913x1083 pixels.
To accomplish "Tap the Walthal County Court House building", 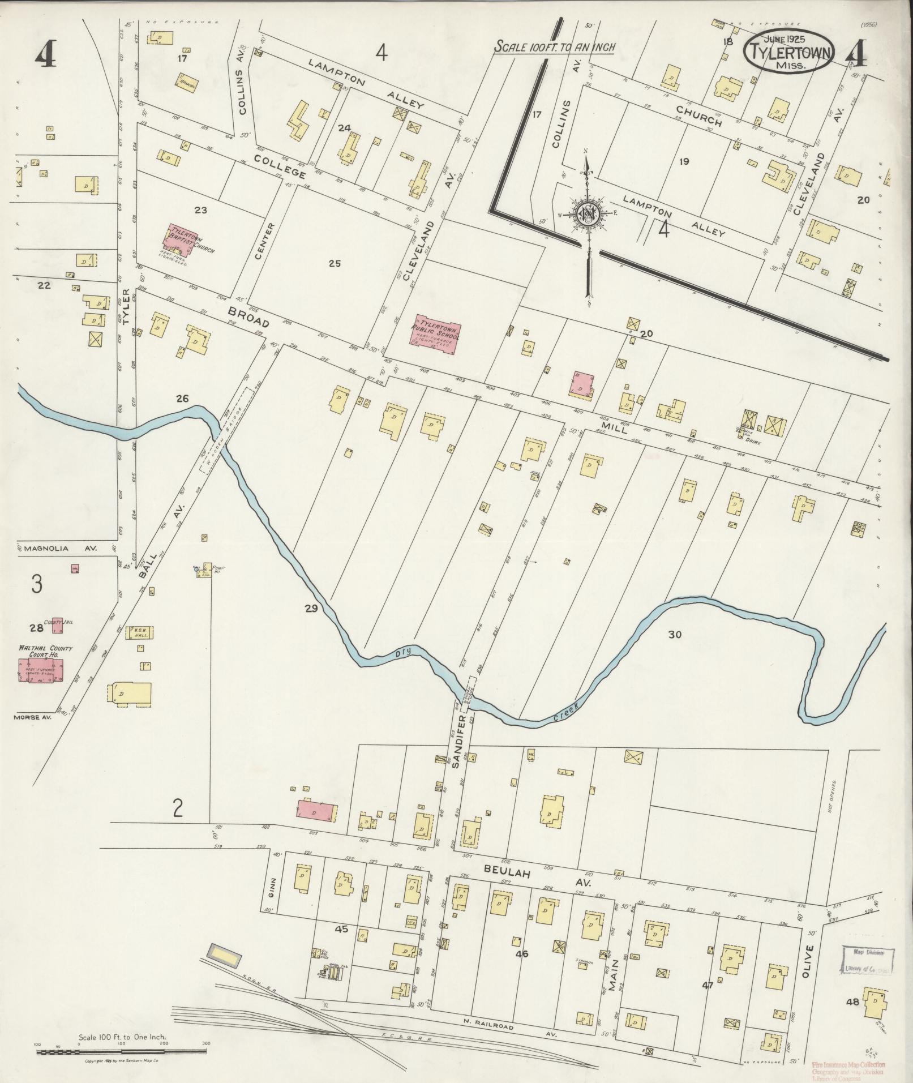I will [x=41, y=670].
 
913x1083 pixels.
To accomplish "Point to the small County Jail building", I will [x=57, y=625].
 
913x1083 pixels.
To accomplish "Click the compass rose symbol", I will [x=588, y=213].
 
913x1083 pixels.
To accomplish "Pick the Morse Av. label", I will [x=32, y=717].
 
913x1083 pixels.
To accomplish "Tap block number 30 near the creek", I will [x=675, y=635].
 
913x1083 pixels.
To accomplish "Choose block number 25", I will [x=335, y=263].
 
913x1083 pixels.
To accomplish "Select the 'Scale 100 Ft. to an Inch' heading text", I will [x=555, y=47].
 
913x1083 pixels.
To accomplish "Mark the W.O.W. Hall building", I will [x=142, y=632].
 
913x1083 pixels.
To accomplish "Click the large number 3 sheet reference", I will [x=36, y=584].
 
